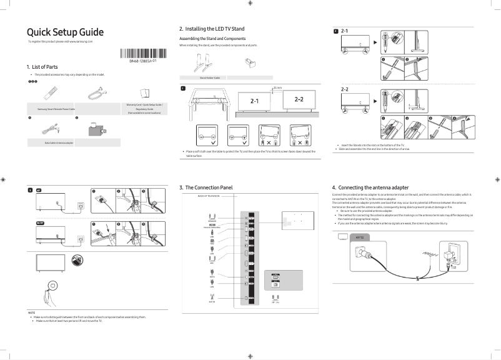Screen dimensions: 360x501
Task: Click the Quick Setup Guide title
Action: pos(65,32)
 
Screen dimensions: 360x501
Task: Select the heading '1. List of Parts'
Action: pos(42,67)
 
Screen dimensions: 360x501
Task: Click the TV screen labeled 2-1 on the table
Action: pos(255,101)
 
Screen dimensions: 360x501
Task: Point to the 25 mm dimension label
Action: pos(277,88)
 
